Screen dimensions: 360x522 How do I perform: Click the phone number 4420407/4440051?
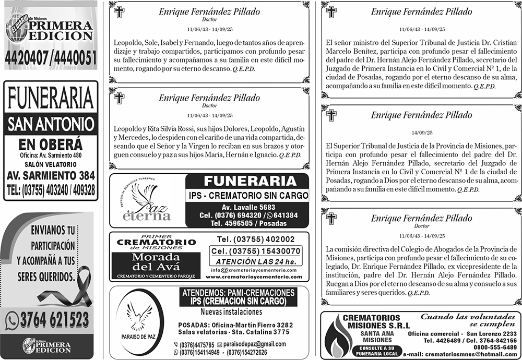(x=51, y=58)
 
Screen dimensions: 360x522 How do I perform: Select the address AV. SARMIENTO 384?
(x=51, y=175)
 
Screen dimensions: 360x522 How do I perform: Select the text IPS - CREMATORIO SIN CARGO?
(x=248, y=196)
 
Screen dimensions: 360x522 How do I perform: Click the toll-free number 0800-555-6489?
(x=496, y=347)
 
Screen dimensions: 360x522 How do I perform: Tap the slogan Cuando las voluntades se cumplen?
(x=469, y=320)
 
